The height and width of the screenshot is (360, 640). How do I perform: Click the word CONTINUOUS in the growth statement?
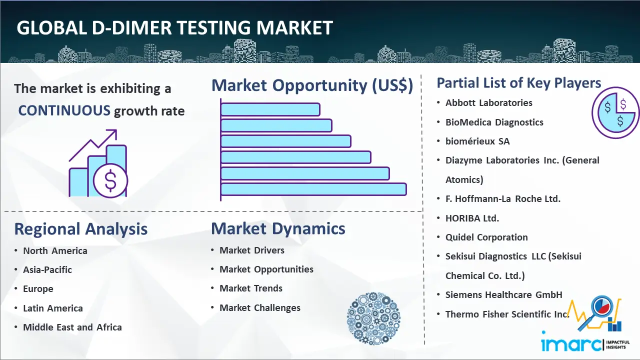pos(64,110)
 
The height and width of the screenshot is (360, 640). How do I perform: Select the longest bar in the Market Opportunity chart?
pos(313,189)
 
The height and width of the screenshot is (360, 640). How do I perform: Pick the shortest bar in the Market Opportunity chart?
pos(270,109)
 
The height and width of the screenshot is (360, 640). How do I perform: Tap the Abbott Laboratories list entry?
pos(489,103)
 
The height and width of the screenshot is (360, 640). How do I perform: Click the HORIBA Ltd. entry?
pos(472,218)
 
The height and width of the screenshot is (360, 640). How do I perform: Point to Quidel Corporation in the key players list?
pos(486,237)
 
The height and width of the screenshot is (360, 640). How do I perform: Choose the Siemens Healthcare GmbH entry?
pos(503,295)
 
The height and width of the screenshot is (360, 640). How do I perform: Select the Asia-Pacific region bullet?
pos(47,269)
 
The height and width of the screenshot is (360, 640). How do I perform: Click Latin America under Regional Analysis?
pos(53,308)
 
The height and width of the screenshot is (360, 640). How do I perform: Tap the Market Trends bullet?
pos(251,288)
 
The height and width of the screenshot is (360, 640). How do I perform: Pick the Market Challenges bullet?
pos(260,307)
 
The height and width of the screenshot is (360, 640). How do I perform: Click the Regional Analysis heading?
pos(81,229)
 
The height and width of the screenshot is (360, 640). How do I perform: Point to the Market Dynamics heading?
pos(278,229)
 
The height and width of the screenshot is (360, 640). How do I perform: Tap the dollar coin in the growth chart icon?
pos(110,181)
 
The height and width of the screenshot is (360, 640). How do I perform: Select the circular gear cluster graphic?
pos(373,318)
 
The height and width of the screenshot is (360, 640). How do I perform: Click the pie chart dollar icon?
pos(615,113)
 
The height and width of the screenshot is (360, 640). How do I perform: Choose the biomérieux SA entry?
pos(477,141)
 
